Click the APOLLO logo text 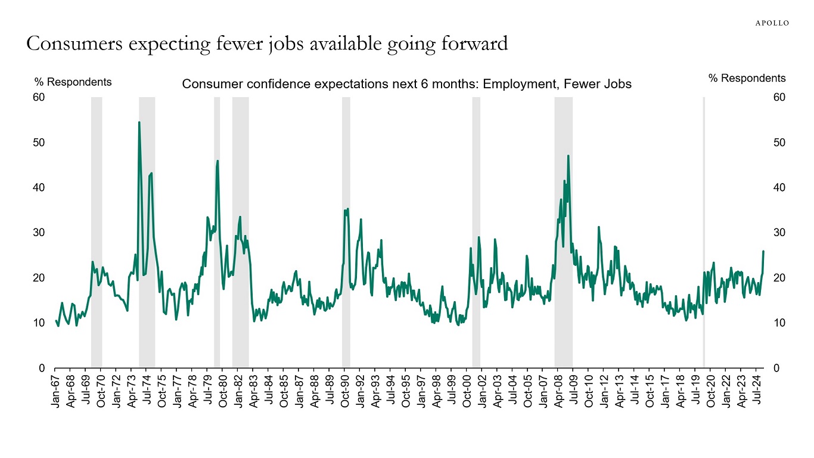772,23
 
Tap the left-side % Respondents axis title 73,82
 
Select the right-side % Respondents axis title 747,78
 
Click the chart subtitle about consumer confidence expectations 406,84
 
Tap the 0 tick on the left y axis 42,368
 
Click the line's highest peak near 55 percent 139,122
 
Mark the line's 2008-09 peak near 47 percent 568,156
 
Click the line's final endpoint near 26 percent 763,251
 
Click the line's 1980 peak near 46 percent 218,160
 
